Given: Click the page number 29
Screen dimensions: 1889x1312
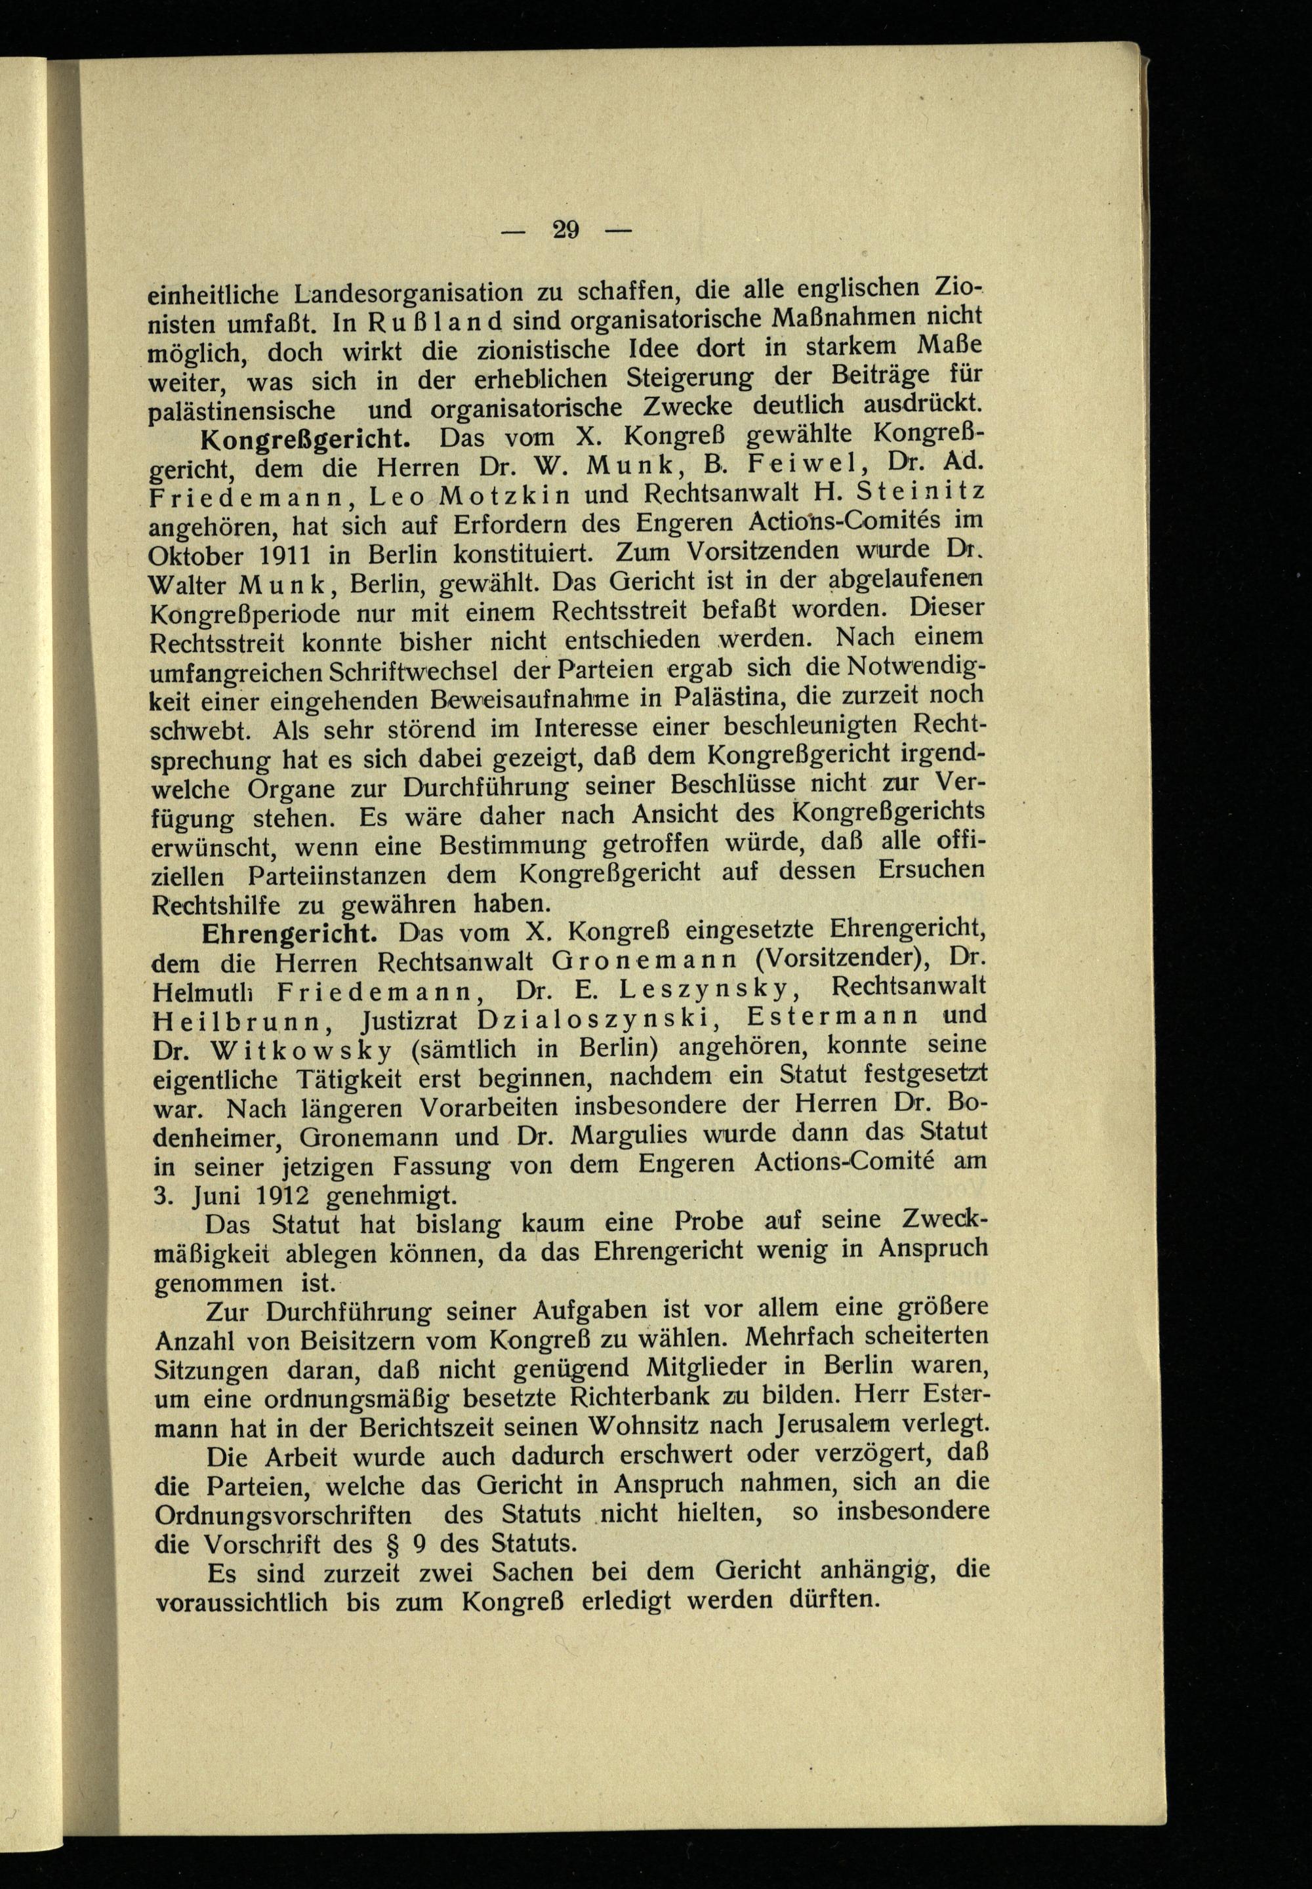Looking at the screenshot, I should (x=566, y=230).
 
